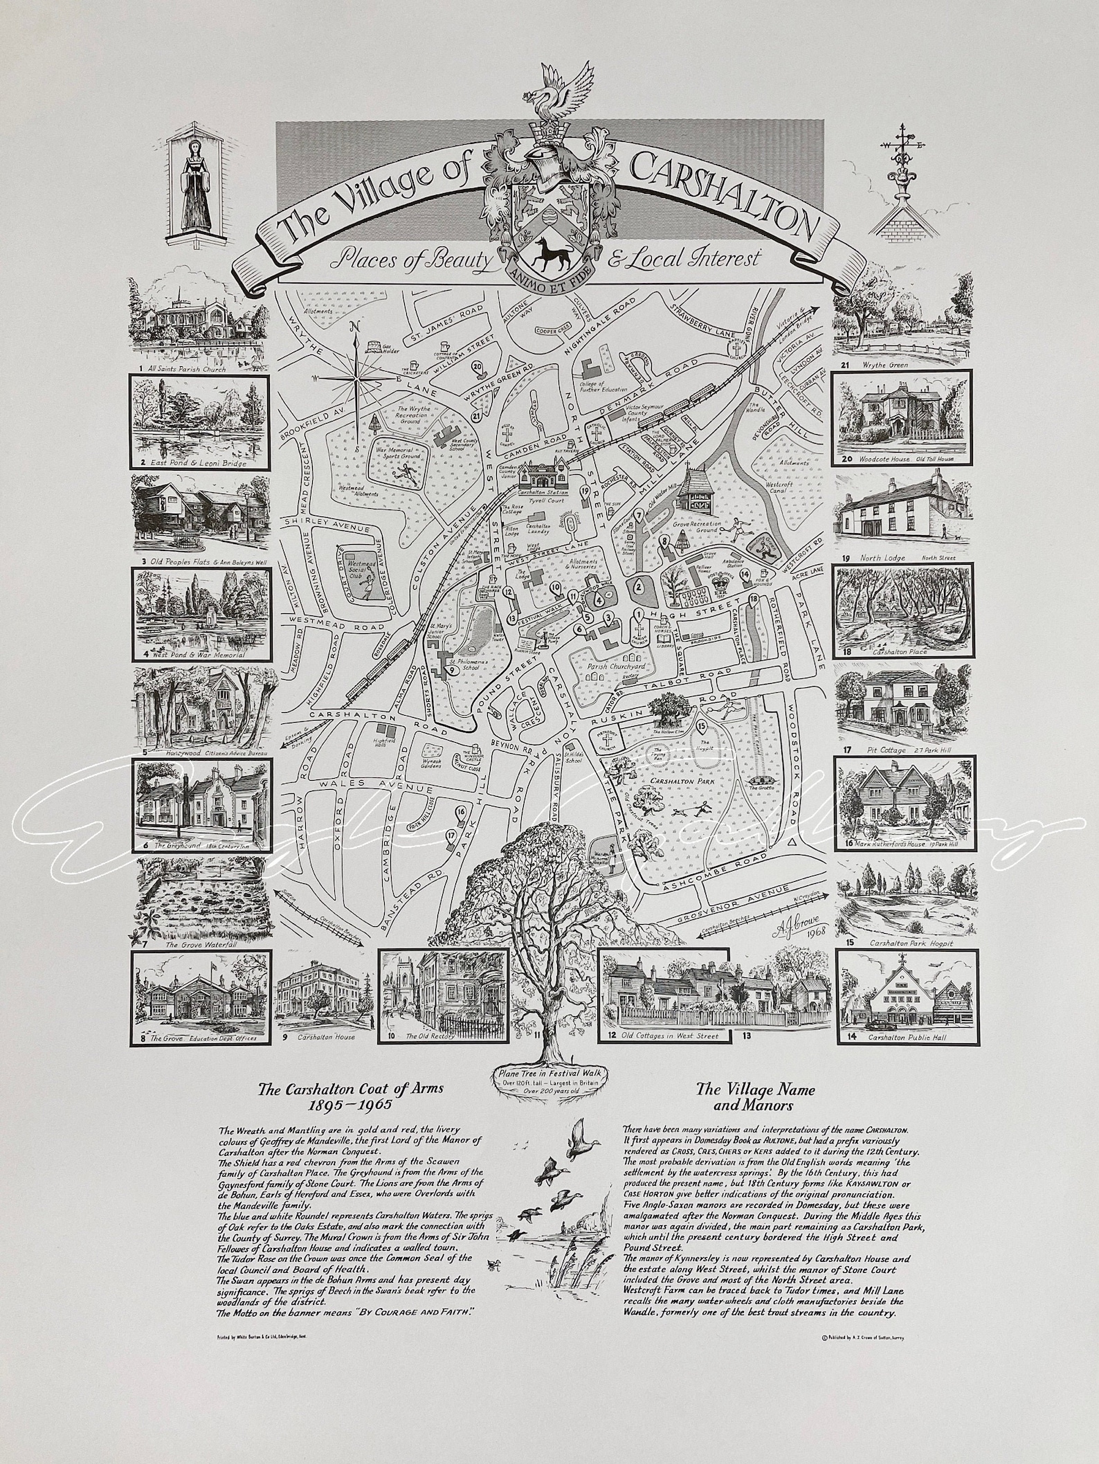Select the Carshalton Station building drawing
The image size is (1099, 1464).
pos(542,476)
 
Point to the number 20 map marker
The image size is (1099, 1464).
pos(476,368)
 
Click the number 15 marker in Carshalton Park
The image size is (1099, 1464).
pos(702,726)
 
